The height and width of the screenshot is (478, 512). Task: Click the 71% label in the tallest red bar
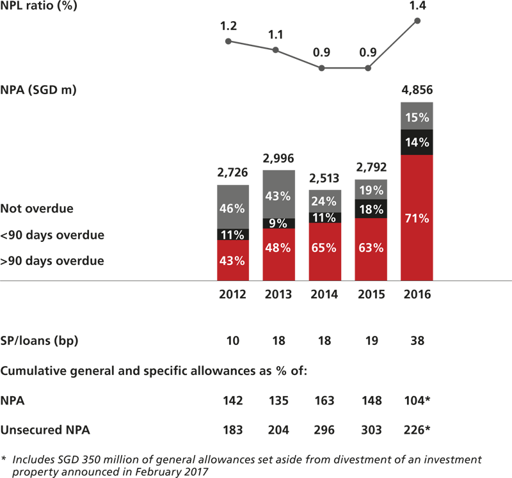(x=417, y=219)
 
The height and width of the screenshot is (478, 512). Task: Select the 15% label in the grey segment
(x=417, y=118)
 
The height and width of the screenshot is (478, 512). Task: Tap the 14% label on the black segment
(x=417, y=143)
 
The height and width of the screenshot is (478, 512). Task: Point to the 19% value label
(x=371, y=190)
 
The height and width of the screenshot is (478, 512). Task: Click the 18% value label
(x=371, y=209)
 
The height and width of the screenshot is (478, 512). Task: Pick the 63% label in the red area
(x=371, y=248)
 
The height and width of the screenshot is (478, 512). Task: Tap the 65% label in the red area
(x=324, y=248)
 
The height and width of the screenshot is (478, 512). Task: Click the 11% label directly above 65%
(x=324, y=218)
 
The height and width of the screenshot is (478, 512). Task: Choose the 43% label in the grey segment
(x=278, y=196)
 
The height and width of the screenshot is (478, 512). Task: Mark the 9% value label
(x=278, y=223)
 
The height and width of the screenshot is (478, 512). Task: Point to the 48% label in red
(x=278, y=248)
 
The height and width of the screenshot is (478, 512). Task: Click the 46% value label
(x=232, y=209)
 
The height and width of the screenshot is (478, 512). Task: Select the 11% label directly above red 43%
(x=232, y=235)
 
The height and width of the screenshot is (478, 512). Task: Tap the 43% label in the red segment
(x=232, y=260)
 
